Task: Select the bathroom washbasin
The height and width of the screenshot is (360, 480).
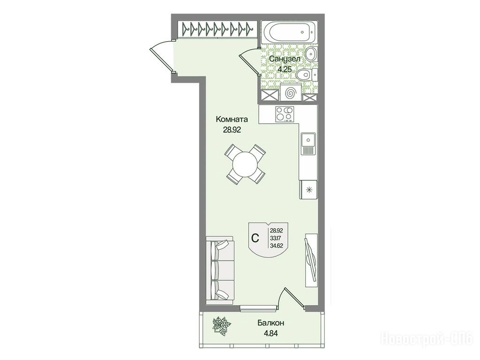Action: (x=312, y=54)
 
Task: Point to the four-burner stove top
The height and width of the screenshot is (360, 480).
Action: (x=285, y=114)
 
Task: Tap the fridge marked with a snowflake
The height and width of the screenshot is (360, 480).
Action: (x=309, y=190)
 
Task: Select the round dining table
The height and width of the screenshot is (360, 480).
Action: (x=245, y=164)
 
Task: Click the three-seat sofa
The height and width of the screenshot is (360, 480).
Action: (x=220, y=270)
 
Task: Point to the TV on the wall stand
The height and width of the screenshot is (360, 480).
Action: (x=311, y=260)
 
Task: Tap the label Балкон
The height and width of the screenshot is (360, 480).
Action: (x=271, y=323)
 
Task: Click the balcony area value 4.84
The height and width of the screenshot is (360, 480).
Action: (x=271, y=333)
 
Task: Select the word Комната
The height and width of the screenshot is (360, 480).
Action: (x=232, y=119)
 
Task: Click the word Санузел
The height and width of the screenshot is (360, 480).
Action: (x=284, y=59)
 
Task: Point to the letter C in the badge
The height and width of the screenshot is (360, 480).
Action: (x=255, y=238)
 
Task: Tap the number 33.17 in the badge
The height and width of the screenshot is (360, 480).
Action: (x=276, y=237)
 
